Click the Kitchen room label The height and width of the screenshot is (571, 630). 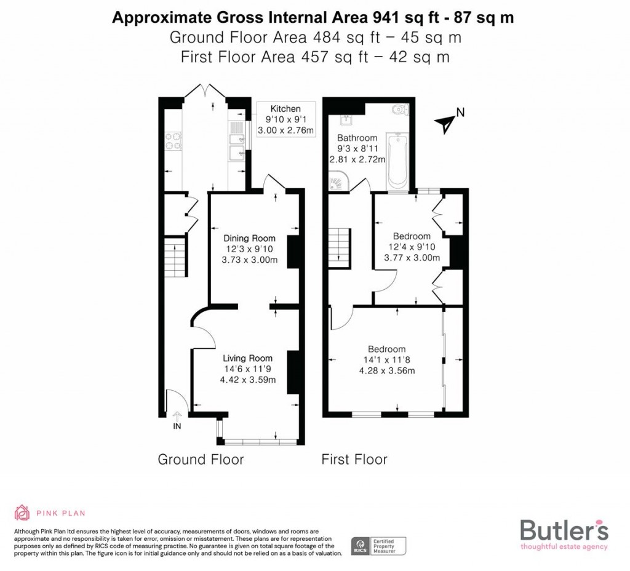[x=285, y=109]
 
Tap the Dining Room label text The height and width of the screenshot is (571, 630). [x=249, y=238]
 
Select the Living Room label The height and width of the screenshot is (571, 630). [x=247, y=358]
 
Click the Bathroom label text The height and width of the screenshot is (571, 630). [x=357, y=138]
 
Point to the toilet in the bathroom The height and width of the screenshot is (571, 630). [x=401, y=111]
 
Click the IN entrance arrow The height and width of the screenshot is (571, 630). [x=178, y=418]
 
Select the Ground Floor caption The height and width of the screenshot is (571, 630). [x=201, y=459]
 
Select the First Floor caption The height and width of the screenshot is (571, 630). [x=354, y=459]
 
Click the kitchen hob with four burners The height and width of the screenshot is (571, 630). [x=172, y=142]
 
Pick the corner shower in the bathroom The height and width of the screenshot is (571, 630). [x=338, y=182]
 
